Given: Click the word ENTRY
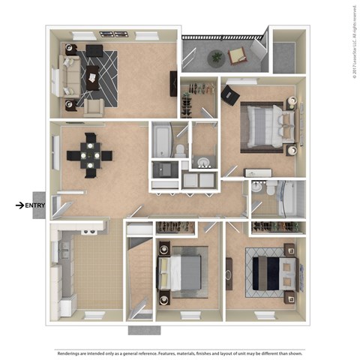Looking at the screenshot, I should [35, 205].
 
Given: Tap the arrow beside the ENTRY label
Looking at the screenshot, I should [19, 205].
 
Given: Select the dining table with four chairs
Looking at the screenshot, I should [90, 155].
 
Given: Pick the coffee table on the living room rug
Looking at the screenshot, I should [93, 77].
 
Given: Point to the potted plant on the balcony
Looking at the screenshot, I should [217, 56].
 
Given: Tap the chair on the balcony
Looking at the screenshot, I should [238, 55].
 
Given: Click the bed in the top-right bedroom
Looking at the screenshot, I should [263, 125].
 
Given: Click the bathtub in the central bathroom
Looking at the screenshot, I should [162, 140].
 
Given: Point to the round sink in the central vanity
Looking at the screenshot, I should [202, 162].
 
